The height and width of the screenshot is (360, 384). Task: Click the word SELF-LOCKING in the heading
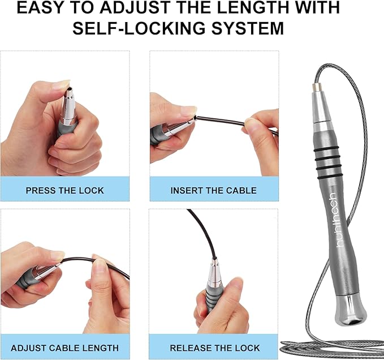(x=140, y=28)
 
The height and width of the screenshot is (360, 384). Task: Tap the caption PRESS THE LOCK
(x=65, y=191)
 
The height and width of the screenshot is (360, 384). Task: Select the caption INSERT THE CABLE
(x=214, y=191)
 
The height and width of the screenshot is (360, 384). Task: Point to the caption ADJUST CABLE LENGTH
(x=65, y=348)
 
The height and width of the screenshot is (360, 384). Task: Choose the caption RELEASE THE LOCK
(x=215, y=348)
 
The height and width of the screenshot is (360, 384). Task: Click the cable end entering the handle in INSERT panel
(x=196, y=118)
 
